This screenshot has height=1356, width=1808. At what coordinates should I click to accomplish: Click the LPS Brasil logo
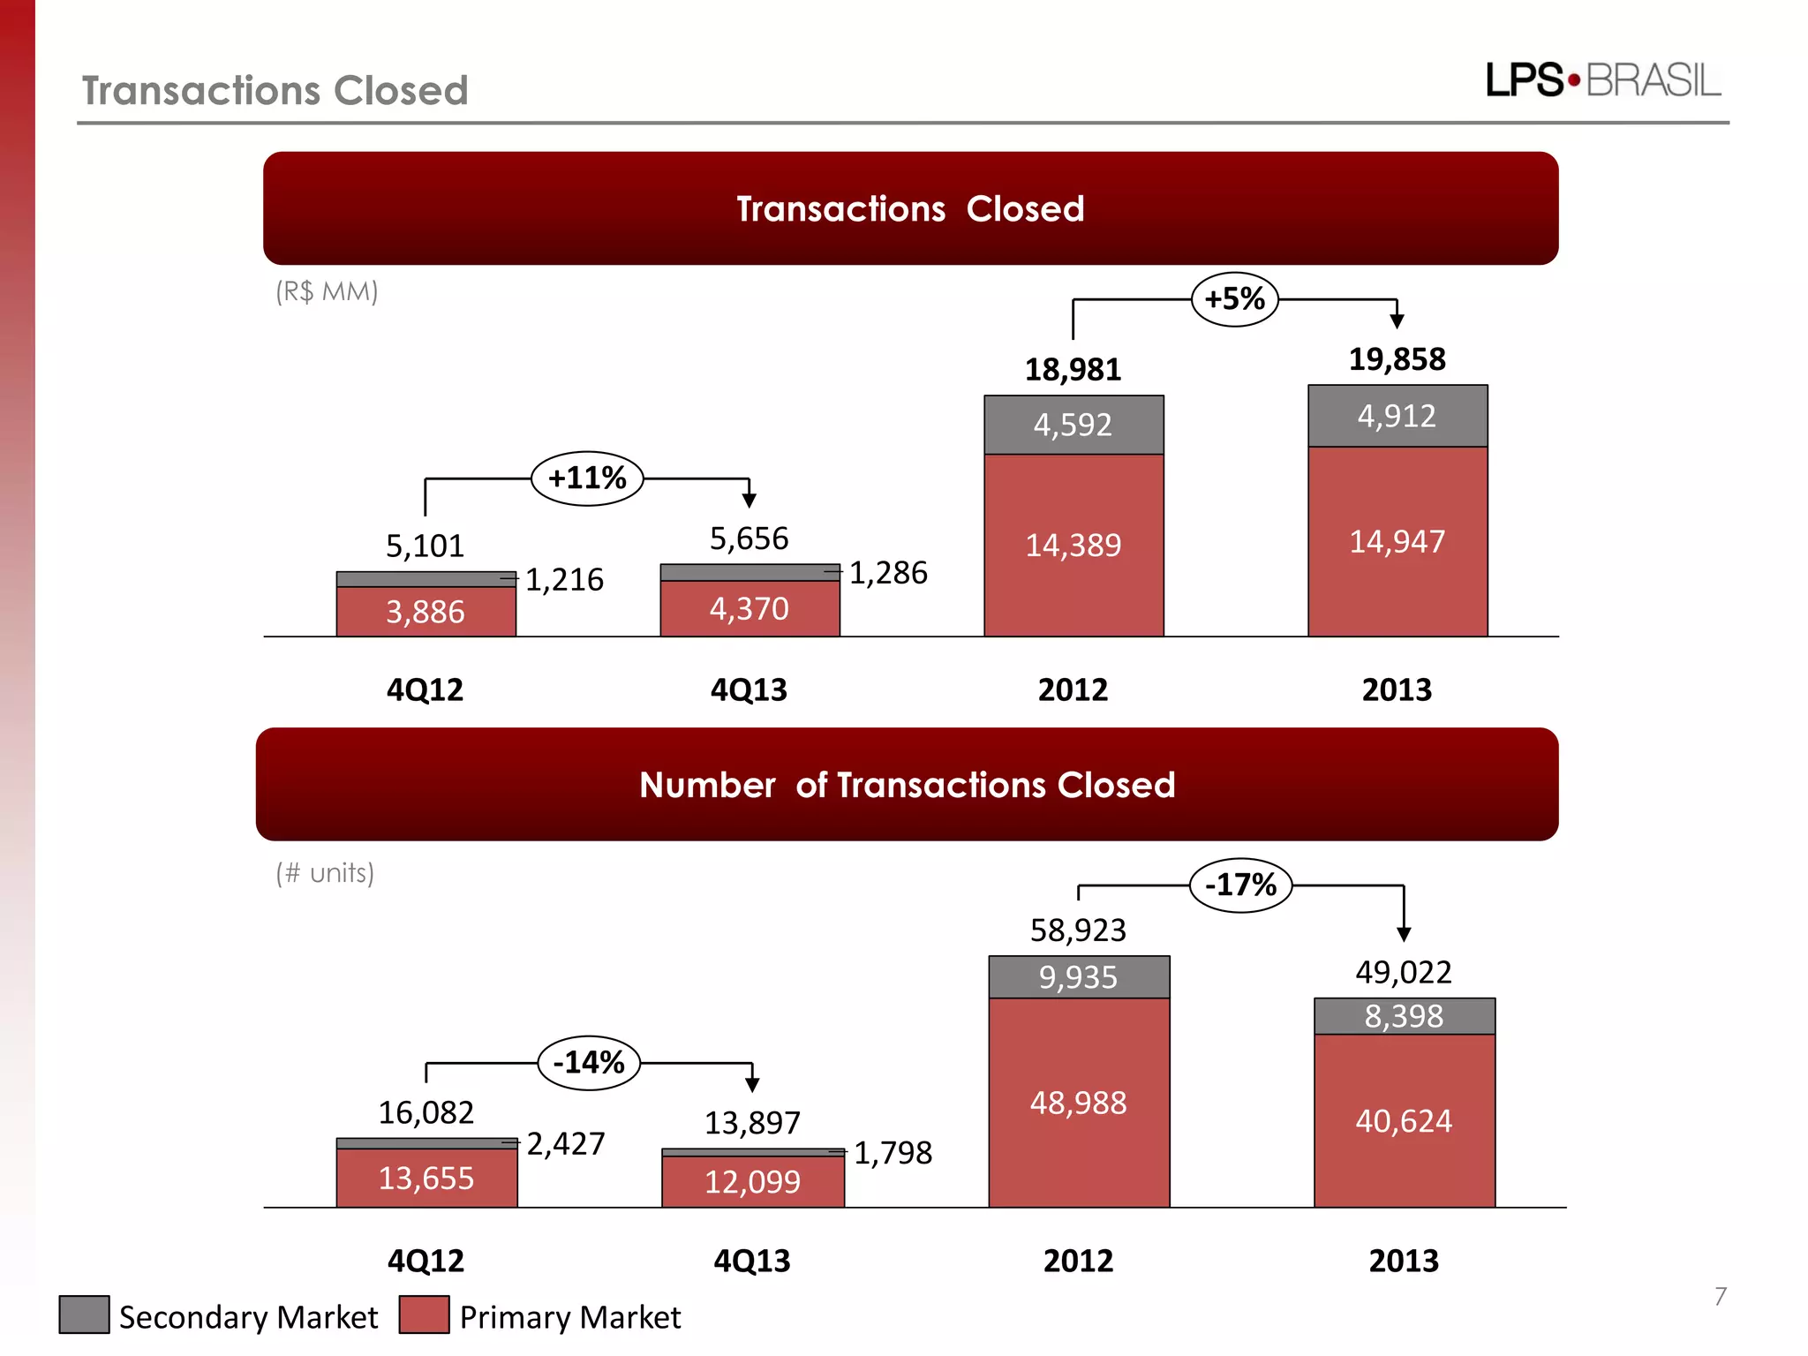coord(1602,80)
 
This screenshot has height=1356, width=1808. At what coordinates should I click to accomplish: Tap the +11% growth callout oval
coord(587,478)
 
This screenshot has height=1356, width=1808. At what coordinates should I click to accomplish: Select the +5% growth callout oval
coord(1234,299)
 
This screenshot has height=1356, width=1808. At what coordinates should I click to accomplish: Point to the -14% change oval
coord(589,1062)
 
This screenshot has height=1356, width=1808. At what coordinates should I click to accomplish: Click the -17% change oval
coord(1240,885)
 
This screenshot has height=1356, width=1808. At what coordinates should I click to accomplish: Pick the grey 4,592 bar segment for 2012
coord(1073,426)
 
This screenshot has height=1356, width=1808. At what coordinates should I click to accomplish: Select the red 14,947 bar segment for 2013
coord(1397,541)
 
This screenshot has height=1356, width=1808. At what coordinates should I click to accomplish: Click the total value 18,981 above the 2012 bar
coord(1073,370)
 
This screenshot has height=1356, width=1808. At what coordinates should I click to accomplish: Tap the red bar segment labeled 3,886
coord(426,612)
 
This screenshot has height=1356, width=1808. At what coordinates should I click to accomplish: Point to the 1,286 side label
coord(888,573)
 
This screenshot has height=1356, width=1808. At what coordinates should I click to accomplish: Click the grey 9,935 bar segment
coord(1078,977)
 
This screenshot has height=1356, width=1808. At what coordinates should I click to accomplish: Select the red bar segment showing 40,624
coord(1404,1121)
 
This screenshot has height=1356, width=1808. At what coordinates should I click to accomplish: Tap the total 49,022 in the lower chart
coord(1404,972)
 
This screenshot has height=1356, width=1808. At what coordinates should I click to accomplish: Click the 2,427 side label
coord(566,1144)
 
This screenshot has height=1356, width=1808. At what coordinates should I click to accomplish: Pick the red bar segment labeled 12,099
coord(752,1182)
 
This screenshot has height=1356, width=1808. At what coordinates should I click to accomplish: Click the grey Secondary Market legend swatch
coord(84,1315)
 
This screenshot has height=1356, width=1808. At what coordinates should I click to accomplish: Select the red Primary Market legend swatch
coord(424,1315)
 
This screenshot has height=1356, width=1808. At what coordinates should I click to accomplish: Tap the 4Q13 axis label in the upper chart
coord(749,689)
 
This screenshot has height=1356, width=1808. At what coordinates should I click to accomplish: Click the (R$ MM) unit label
coord(327,291)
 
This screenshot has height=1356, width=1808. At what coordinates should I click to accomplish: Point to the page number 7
coord(1720,1296)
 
